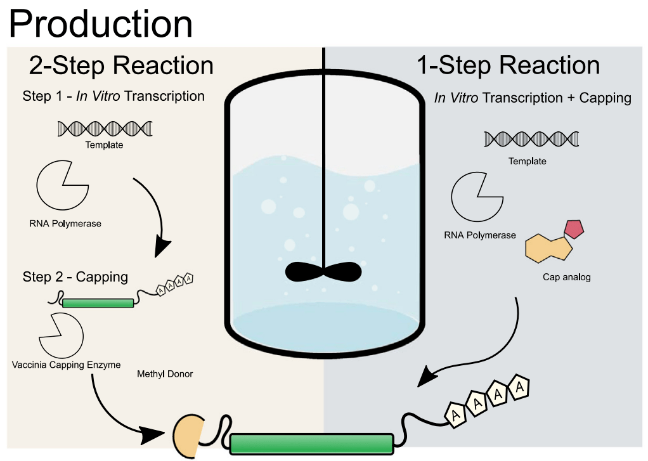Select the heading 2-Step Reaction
(121, 65)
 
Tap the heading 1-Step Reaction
(508, 65)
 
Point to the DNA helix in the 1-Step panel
(531, 139)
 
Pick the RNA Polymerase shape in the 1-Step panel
(476, 198)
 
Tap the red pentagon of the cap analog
(574, 229)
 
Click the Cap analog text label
(566, 277)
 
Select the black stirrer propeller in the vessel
(323, 271)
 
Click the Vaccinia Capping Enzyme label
(66, 365)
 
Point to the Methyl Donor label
(165, 374)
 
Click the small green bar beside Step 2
(98, 303)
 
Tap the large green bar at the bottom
(311, 443)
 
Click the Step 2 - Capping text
(75, 277)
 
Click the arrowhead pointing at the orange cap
(152, 435)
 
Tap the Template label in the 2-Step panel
(105, 145)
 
